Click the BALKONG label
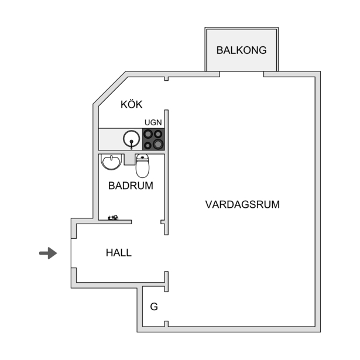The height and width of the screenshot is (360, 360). click(242, 50)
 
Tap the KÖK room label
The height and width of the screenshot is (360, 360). click(131, 104)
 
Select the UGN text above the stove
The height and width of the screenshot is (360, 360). click(153, 122)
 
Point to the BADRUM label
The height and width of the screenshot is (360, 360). click(131, 186)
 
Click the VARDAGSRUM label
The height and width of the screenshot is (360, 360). click(242, 204)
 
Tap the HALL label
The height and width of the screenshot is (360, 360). click(119, 252)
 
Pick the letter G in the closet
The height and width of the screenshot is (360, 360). click(154, 307)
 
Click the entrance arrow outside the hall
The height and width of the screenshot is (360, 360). click(48, 253)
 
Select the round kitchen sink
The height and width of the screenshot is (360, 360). click(131, 139)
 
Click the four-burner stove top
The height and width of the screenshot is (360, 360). click(153, 139)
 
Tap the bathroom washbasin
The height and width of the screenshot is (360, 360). click(111, 162)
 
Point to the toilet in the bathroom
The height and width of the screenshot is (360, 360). click(142, 166)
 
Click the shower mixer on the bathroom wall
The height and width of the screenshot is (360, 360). click(113, 217)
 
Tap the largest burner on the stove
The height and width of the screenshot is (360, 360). click(158, 144)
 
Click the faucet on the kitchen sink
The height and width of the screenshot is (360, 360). click(131, 145)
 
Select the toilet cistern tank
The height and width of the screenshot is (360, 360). click(142, 157)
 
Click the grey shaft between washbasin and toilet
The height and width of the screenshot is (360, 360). click(129, 159)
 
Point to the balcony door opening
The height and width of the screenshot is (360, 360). click(242, 74)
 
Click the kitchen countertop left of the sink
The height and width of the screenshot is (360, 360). click(111, 139)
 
